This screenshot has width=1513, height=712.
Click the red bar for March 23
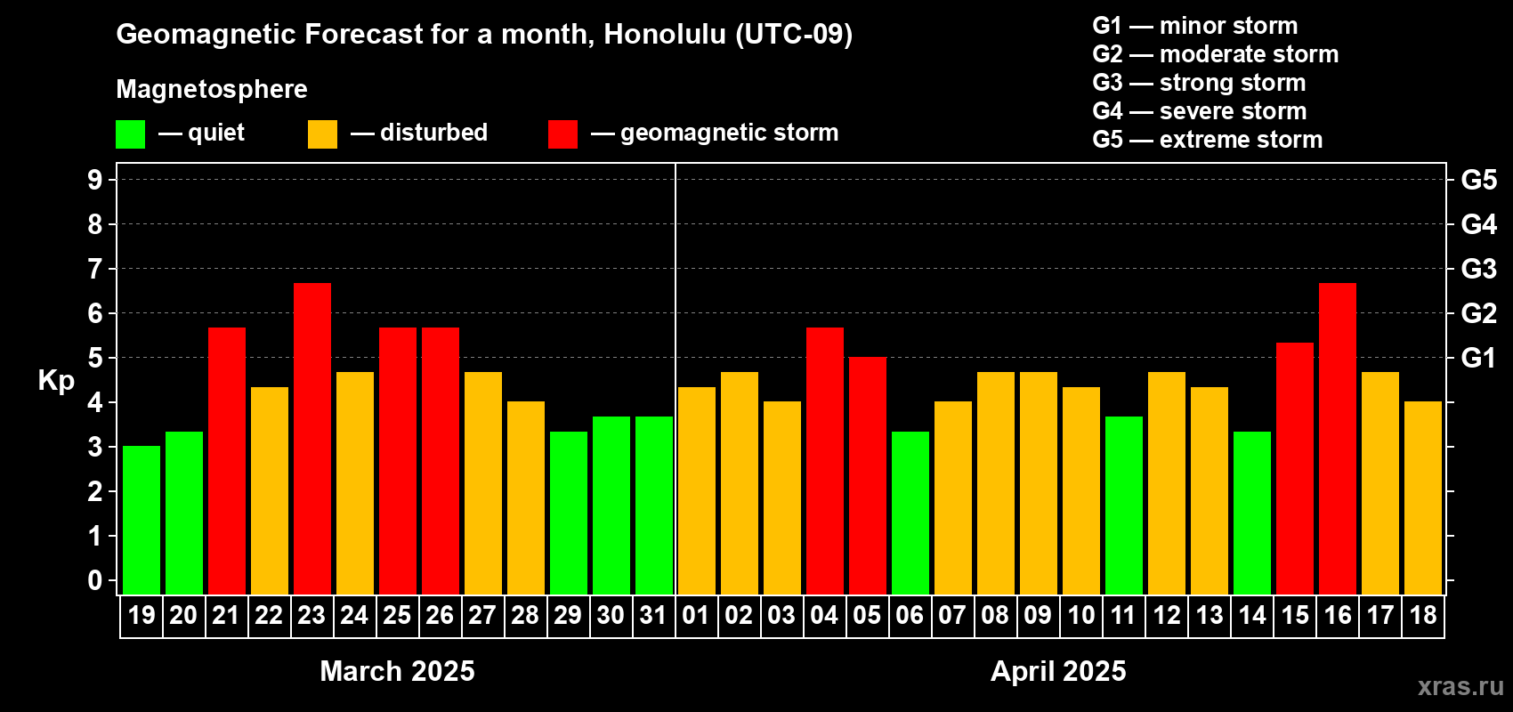[312, 439]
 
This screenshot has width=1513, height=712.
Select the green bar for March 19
[142, 520]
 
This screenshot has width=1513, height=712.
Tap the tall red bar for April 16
[1338, 439]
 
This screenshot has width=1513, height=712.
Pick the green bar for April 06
[910, 513]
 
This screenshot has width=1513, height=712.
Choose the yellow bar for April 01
[696, 490]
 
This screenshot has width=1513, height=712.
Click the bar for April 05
[867, 475]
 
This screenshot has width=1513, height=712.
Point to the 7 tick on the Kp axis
[94, 269]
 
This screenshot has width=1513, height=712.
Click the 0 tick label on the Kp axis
[94, 580]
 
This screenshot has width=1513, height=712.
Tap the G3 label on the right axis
[1478, 269]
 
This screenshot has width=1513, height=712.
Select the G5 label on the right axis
[1478, 180]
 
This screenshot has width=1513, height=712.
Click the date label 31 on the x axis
[653, 615]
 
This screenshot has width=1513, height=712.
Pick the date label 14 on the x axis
[1252, 615]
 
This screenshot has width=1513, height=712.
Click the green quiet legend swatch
[130, 133]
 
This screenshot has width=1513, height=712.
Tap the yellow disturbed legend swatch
[322, 133]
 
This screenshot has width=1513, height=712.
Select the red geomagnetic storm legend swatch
[562, 133]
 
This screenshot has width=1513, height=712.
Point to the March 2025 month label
[397, 671]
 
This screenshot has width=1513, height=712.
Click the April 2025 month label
[1058, 671]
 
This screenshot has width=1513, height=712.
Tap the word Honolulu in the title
[665, 34]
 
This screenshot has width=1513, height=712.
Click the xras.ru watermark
[1461, 686]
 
